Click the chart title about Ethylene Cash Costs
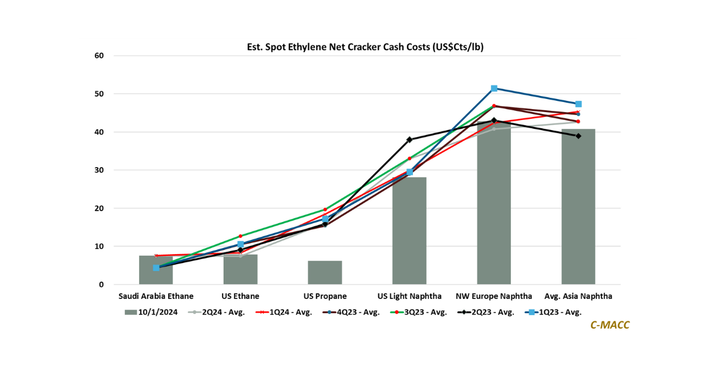365,47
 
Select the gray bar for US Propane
325,273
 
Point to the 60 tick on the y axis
98,56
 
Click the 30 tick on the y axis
98,170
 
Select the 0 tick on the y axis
101,285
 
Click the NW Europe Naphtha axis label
493,296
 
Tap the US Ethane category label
240,296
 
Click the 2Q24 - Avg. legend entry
217,311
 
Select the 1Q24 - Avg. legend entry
285,311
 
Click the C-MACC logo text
610,325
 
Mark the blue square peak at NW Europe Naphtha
494,88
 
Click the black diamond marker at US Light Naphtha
409,140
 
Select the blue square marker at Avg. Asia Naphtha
578,104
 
